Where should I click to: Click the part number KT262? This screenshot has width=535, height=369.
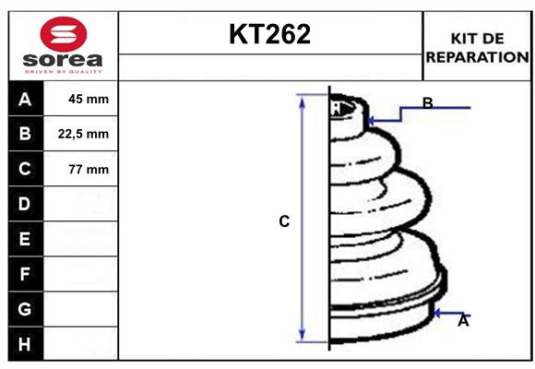pos(269,35)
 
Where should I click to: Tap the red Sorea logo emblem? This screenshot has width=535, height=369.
pos(63,36)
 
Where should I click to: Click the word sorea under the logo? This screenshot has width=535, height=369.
pos(63,61)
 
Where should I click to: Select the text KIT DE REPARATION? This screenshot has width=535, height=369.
pos(477,47)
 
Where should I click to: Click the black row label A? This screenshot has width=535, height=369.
pos(25,100)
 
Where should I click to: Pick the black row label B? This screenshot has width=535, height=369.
pos(25,134)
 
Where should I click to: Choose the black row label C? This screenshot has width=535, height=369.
pos(25,169)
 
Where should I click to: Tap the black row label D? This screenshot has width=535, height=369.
pos(25,203)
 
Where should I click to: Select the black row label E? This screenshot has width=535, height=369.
pos(25,239)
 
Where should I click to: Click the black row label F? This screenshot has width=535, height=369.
pos(25,274)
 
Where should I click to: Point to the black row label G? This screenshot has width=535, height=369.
pos(25,309)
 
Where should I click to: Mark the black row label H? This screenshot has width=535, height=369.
pos(25,344)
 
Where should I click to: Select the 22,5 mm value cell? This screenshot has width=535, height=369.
pos(83,134)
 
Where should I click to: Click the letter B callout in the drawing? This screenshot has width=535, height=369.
pos(427,103)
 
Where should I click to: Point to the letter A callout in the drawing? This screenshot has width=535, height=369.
pos(463,321)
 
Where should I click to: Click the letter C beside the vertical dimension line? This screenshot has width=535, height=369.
pos(285,221)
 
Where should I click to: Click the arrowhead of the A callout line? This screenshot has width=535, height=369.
pos(440,312)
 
